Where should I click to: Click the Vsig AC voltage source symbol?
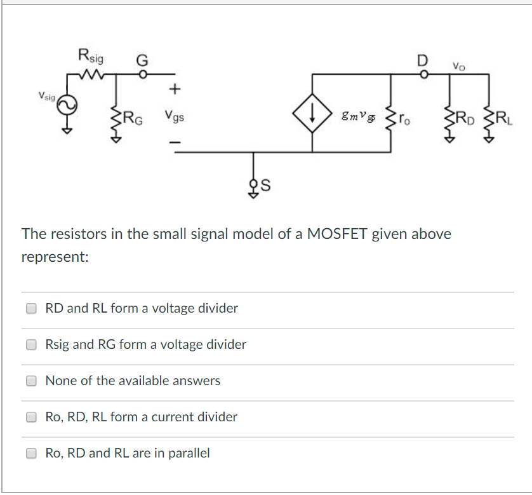[x=65, y=107]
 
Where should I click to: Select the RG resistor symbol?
[x=116, y=117]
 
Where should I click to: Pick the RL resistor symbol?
[x=488, y=117]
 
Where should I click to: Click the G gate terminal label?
[x=142, y=61]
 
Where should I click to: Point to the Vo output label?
[x=458, y=65]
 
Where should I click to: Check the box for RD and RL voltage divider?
[x=31, y=308]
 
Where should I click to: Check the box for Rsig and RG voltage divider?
[x=31, y=344]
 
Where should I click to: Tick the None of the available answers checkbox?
[x=31, y=381]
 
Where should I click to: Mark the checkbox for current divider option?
[x=31, y=417]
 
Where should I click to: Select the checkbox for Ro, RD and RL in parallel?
[x=31, y=453]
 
